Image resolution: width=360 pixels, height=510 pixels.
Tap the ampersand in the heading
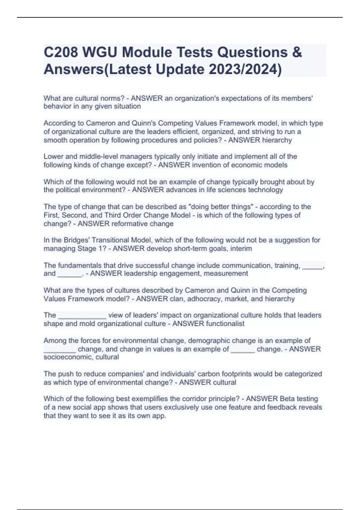(297, 52)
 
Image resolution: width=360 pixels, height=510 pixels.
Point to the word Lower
(53, 157)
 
